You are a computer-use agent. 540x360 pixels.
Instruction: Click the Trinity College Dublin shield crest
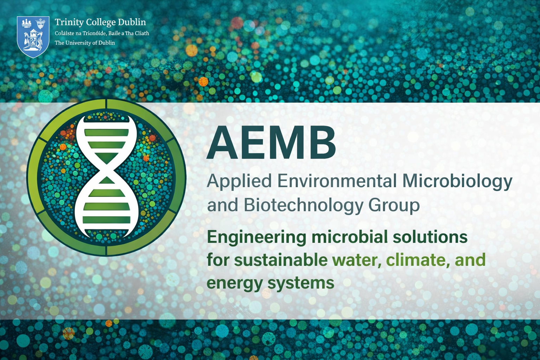pos(33,37)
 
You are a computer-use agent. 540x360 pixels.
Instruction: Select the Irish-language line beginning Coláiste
pos(102,33)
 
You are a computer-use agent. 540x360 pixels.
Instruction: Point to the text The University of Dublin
pos(85,43)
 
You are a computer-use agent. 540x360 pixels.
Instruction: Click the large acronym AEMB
pos(271,143)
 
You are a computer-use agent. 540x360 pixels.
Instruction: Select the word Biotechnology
pos(303,205)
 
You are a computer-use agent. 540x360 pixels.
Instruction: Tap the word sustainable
pos(281,260)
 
